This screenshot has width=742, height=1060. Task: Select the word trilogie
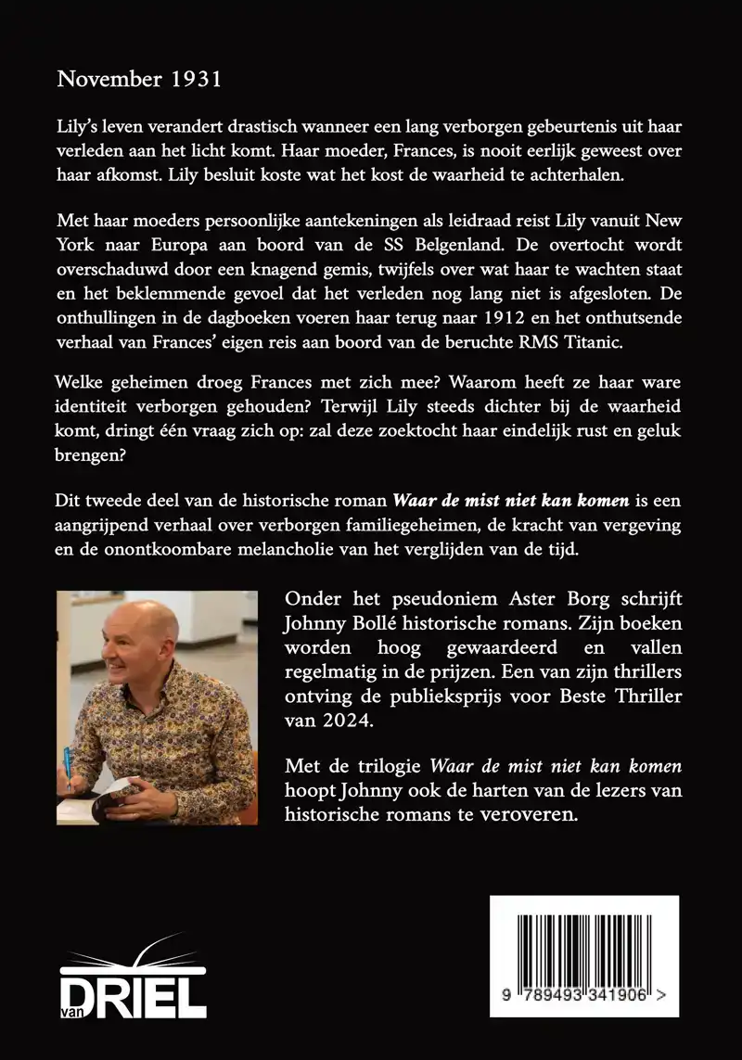[x=381, y=767]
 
